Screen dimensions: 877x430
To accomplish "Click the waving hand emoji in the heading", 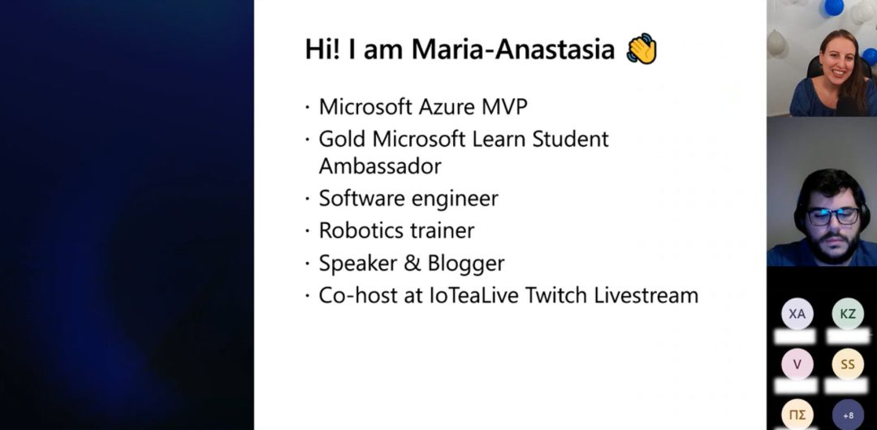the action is point(642,49).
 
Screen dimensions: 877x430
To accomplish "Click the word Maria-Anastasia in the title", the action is point(513,49).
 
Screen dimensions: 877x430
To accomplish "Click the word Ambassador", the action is point(380,166).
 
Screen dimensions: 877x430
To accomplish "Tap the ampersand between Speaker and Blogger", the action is point(412,264).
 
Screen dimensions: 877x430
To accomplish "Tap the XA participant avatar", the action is point(797,314).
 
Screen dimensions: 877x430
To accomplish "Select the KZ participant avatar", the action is point(848,314).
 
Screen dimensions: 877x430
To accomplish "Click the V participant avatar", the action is point(797,364).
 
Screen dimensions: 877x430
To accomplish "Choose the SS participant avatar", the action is point(848,364).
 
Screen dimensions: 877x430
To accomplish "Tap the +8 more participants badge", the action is point(848,415).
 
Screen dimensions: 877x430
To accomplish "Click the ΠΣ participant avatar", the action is point(797,415).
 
